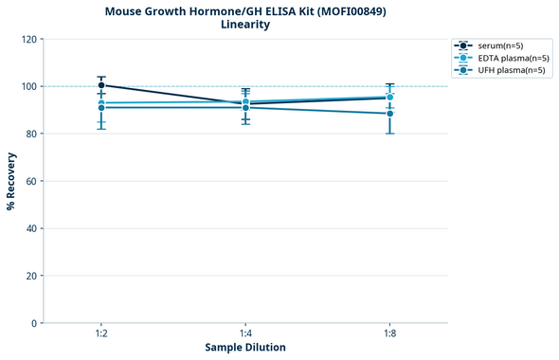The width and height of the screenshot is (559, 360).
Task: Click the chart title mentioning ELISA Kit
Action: [244, 11]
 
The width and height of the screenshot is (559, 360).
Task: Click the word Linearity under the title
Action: [244, 25]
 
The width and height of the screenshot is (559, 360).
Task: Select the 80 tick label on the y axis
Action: [29, 134]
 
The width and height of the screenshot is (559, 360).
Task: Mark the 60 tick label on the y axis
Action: [29, 181]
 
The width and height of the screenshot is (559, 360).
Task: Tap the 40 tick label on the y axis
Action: [29, 228]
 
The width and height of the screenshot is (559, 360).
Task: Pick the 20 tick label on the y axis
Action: [29, 276]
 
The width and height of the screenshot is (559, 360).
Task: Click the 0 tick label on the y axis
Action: [33, 323]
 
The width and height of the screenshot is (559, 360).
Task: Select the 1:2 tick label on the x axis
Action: [101, 334]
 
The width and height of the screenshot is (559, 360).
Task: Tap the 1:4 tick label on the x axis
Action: [245, 334]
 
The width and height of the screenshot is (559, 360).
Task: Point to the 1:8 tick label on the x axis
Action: [389, 334]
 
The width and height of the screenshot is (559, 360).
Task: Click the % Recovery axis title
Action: [11, 180]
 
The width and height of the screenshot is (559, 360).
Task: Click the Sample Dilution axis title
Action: [245, 348]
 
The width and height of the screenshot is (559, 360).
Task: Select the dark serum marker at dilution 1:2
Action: [101, 85]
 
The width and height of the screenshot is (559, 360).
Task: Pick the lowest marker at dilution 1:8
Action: [389, 114]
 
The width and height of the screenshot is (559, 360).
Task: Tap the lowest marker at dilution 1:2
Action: [101, 107]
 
